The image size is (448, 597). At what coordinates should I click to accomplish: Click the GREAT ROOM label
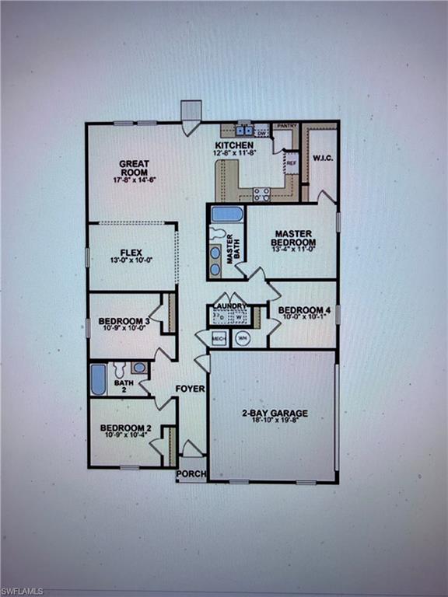(135, 169)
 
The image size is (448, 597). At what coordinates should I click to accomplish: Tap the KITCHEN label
(234, 145)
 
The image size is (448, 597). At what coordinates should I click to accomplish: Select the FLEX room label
(130, 253)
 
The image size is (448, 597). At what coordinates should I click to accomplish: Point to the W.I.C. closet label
(323, 159)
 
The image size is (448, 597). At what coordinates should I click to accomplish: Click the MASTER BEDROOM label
(293, 239)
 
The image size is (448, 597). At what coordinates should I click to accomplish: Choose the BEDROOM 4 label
(305, 310)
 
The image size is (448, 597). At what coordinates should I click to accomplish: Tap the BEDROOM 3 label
(124, 321)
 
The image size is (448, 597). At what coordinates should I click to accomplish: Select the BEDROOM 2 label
(125, 428)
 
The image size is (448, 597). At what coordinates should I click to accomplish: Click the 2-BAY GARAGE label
(273, 413)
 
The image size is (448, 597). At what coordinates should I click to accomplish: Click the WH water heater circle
(242, 339)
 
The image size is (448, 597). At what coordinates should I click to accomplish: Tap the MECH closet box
(219, 339)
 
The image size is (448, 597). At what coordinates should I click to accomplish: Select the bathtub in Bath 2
(99, 379)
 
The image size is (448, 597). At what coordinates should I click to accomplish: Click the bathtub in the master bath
(227, 214)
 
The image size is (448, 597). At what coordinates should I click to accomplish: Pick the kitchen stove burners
(261, 194)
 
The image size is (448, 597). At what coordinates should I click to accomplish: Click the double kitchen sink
(245, 130)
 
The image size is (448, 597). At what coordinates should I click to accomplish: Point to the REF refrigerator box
(292, 163)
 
